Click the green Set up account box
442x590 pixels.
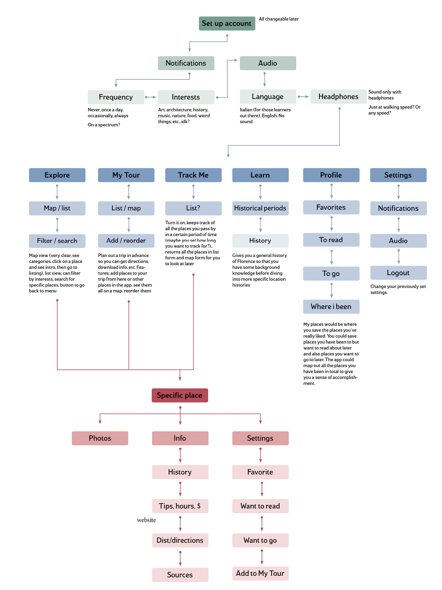coord(227,24)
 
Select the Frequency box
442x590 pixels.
coord(116,97)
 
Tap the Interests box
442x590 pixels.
coord(186,97)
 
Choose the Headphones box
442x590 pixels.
coord(339,97)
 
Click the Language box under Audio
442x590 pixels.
coord(268,97)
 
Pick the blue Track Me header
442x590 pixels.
coord(193,175)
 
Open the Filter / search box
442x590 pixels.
coord(57,241)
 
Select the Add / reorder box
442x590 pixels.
coord(126,241)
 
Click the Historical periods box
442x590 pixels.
coord(260,208)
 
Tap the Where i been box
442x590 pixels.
coord(331,307)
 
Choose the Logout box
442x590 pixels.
coord(399,273)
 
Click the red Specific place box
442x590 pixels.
coord(180,396)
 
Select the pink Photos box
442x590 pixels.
coord(100,438)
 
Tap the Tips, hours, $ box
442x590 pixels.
coord(180,506)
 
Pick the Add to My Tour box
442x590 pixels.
coord(260,574)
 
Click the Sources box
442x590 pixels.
coord(180,575)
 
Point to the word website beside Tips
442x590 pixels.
coord(147,520)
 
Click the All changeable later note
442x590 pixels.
coord(279,19)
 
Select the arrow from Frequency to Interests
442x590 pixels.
coord(151,97)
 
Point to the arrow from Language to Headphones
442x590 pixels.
coord(303,97)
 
